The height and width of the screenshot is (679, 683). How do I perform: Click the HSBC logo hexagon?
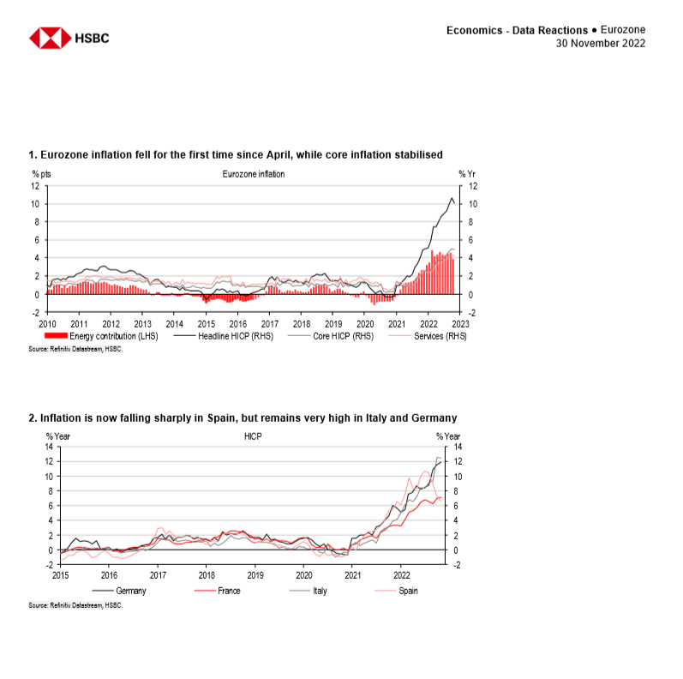(x=50, y=38)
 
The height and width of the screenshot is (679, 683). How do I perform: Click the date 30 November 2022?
(x=601, y=43)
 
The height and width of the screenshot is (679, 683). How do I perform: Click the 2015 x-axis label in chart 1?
(x=206, y=324)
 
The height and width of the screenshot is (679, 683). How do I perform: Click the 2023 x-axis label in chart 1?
(x=460, y=324)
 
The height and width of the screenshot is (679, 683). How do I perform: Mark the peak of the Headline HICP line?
(x=452, y=199)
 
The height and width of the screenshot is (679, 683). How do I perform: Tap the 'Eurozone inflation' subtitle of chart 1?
(x=253, y=174)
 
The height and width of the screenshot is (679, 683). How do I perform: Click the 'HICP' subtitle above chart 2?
(x=253, y=436)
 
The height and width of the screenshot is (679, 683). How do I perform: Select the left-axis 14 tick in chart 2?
(x=50, y=447)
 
